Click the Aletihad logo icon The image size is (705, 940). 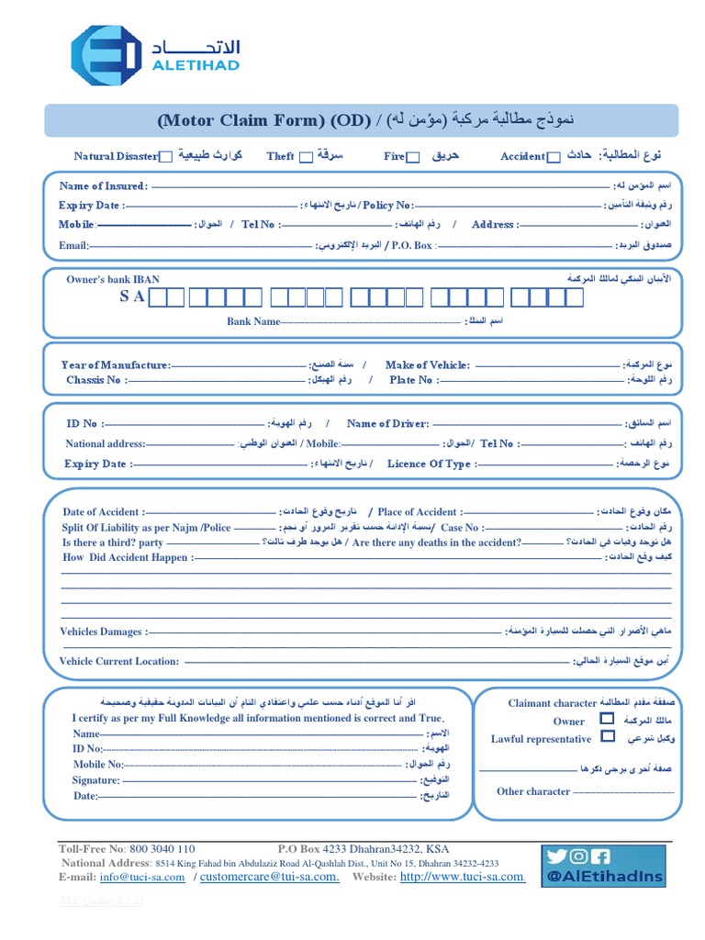pyautogui.click(x=106, y=55)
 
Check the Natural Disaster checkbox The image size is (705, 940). pyautogui.click(x=166, y=157)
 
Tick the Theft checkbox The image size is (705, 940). pyautogui.click(x=306, y=157)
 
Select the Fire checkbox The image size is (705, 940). pyautogui.click(x=413, y=157)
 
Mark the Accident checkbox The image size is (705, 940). pyautogui.click(x=554, y=157)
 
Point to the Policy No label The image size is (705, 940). pyautogui.click(x=388, y=206)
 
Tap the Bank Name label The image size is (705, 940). pyautogui.click(x=253, y=322)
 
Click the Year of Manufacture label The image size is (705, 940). pyautogui.click(x=116, y=365)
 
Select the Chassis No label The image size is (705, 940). pyautogui.click(x=95, y=380)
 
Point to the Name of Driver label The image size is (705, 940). pyautogui.click(x=387, y=424)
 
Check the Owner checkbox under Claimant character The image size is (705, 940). pyautogui.click(x=607, y=719)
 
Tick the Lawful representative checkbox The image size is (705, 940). pyautogui.click(x=607, y=736)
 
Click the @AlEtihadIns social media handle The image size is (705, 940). pyautogui.click(x=604, y=877)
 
